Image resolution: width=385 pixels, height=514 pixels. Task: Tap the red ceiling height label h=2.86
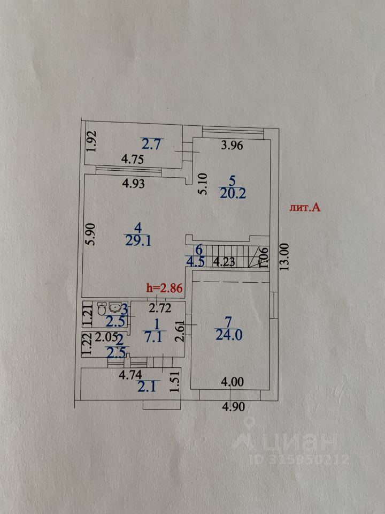[x=165, y=288]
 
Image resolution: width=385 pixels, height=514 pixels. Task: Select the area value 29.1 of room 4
[x=138, y=241]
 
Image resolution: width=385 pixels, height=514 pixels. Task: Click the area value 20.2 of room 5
[x=233, y=194]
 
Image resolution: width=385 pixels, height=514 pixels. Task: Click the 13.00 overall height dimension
[x=284, y=258]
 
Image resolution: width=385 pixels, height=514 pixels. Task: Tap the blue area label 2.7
[x=151, y=143]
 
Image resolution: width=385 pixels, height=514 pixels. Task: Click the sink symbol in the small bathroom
[x=114, y=307]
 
